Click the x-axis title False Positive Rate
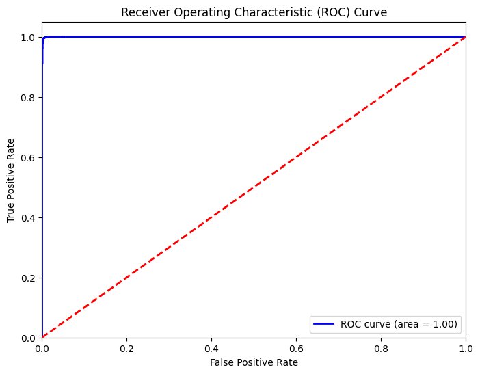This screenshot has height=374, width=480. point(254,362)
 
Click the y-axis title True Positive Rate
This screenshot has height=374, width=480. point(12,180)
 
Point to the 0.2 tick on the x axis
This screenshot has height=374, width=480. point(126,348)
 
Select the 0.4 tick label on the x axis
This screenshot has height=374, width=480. point(211,348)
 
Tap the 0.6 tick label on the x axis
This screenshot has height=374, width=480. point(296,348)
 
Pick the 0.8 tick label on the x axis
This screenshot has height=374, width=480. point(381,348)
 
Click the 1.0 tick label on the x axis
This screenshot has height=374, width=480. point(466,348)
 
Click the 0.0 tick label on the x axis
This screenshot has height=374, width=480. point(42,348)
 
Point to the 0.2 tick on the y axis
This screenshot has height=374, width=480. point(28,278)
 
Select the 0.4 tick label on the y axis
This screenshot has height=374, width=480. point(28,217)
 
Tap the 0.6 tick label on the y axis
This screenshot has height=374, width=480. point(28,157)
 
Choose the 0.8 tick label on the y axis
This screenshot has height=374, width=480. point(28,97)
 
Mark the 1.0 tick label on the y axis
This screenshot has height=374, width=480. point(28,37)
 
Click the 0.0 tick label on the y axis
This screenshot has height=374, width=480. point(28,338)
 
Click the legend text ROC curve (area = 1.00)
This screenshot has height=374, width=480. point(400,323)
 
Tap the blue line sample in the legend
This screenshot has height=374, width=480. point(325,323)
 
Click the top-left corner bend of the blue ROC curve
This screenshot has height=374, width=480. point(43,38)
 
